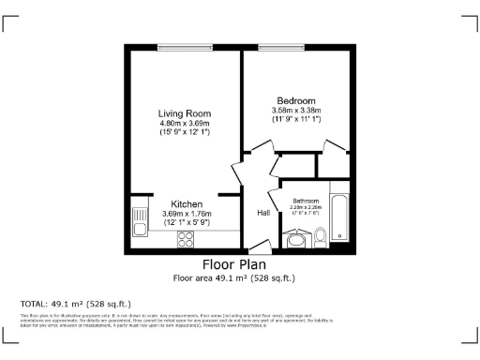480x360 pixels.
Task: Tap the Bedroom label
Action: pos(295,100)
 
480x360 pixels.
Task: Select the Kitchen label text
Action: pos(187,203)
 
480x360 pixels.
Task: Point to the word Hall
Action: pos(264,213)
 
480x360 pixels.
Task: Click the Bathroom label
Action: pos(306,201)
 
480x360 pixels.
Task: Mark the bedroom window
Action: pos(285,48)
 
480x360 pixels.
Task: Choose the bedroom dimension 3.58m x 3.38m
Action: pos(295,111)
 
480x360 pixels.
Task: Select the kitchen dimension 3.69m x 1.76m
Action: pos(187,214)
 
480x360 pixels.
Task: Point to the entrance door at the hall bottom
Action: pos(262,247)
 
